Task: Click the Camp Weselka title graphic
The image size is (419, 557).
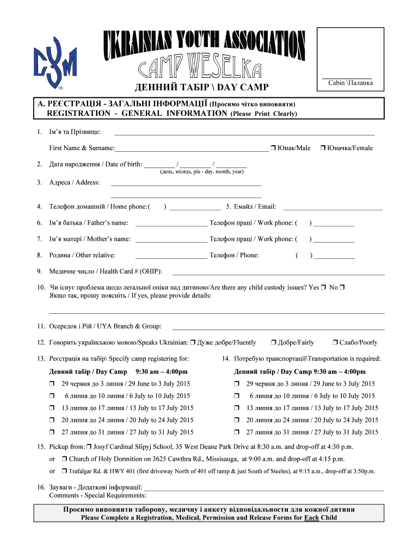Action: coord(204,55)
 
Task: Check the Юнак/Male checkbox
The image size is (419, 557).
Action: coord(273,148)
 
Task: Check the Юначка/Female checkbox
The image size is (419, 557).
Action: coord(323,148)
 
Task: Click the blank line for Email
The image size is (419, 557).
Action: coord(333,207)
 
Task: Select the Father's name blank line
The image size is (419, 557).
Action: coord(171,223)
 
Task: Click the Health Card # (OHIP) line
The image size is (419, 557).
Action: coord(278,272)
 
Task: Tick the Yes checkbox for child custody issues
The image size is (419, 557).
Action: coord(323,287)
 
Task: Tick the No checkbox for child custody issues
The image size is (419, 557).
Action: coord(343,287)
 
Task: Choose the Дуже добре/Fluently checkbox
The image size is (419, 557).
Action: coord(193,343)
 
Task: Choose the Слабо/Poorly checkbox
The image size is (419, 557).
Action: coord(335,343)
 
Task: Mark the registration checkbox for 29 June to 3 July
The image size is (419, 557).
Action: coord(52,385)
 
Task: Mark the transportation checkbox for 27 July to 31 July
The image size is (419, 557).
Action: coord(237,433)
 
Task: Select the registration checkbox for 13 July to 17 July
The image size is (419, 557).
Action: coord(52,409)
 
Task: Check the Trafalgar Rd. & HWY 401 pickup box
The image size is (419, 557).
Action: coord(64,472)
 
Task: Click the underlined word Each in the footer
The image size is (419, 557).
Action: coord(311,518)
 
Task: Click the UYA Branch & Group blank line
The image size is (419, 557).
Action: coord(278,326)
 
